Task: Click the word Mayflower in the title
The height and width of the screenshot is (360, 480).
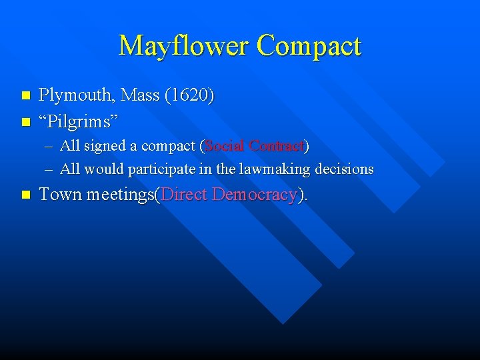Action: click(183, 46)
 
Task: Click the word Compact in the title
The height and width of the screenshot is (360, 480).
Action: click(308, 46)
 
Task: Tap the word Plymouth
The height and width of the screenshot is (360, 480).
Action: click(75, 96)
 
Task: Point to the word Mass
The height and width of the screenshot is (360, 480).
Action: click(140, 96)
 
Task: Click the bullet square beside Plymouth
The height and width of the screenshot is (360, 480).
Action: click(26, 96)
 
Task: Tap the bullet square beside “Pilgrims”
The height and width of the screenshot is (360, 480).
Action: click(26, 121)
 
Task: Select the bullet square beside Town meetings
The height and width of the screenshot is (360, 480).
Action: click(26, 195)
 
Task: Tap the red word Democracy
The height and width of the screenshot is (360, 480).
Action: click(253, 195)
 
